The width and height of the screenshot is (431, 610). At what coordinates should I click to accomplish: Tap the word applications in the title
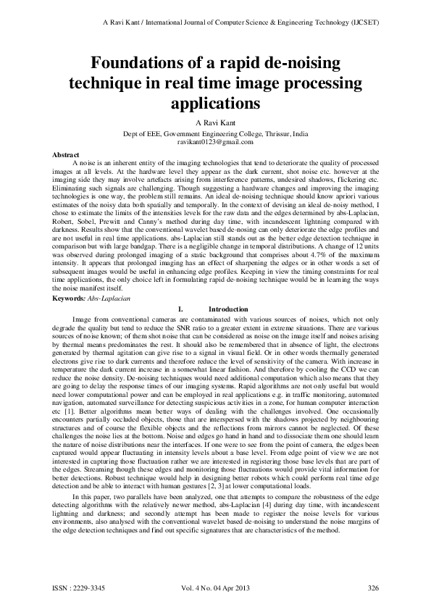point(215,103)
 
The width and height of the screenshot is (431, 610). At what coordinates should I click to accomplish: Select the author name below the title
point(215,122)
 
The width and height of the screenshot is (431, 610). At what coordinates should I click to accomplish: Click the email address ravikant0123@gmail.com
point(215,143)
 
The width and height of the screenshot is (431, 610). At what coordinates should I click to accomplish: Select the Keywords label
point(73,319)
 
